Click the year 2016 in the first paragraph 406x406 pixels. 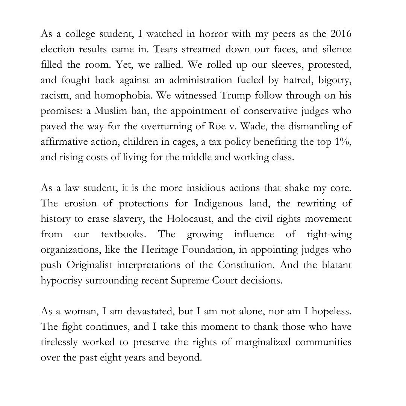(x=341, y=34)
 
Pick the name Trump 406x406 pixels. (x=235, y=95)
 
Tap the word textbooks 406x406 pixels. (x=123, y=234)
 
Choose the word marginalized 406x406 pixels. (x=269, y=342)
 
